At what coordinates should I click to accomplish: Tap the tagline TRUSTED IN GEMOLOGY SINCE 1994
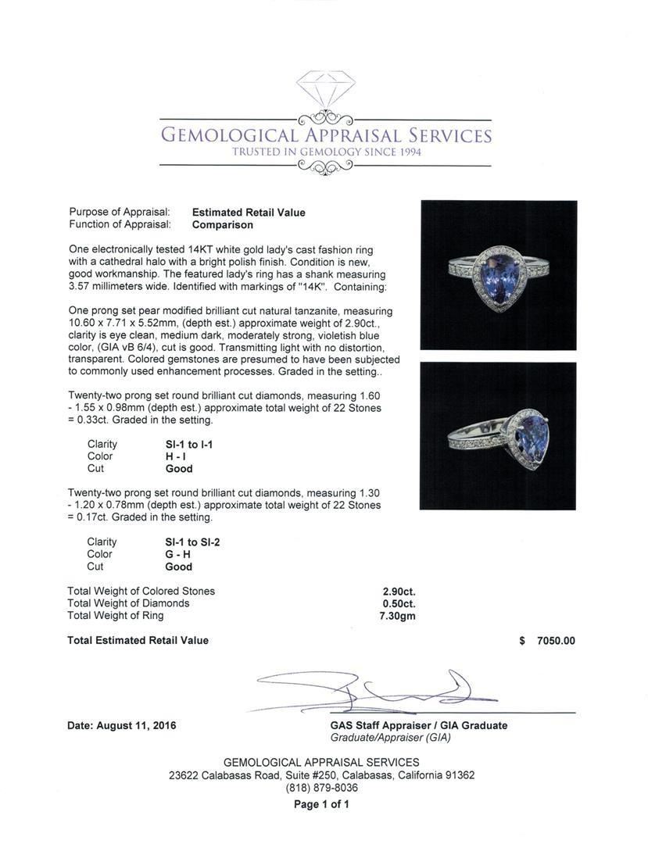point(326,152)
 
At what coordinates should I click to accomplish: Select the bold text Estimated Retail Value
point(249,213)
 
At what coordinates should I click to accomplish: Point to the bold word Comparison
point(223,225)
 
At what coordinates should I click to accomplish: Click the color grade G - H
point(181,554)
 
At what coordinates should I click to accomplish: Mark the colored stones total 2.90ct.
point(399,592)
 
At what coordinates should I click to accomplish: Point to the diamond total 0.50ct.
point(399,603)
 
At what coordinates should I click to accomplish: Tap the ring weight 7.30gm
point(397,616)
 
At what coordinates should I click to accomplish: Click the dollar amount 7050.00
point(555,641)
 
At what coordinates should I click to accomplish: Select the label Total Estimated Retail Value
point(138,641)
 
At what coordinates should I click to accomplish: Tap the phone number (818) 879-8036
point(322,788)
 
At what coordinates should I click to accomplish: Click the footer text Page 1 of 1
point(321,804)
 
